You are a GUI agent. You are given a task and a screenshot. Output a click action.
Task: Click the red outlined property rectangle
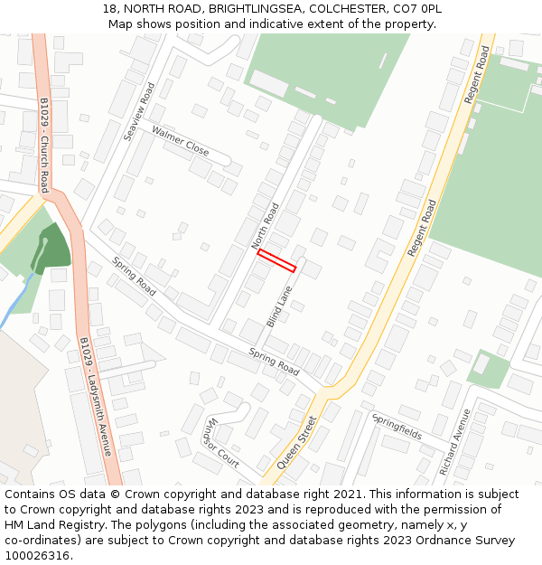click(276, 260)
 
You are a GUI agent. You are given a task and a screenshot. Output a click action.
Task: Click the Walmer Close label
click(180, 141)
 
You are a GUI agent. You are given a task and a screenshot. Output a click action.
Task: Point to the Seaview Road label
click(139, 111)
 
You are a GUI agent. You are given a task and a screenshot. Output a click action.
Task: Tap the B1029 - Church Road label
click(43, 145)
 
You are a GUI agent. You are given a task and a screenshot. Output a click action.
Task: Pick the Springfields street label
click(397, 426)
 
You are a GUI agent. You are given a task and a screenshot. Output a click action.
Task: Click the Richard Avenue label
click(454, 442)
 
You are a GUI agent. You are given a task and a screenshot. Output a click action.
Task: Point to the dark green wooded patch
click(52, 250)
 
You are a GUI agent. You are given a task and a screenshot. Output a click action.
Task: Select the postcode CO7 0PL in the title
click(416, 8)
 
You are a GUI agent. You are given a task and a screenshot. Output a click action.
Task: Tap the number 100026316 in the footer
click(36, 555)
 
